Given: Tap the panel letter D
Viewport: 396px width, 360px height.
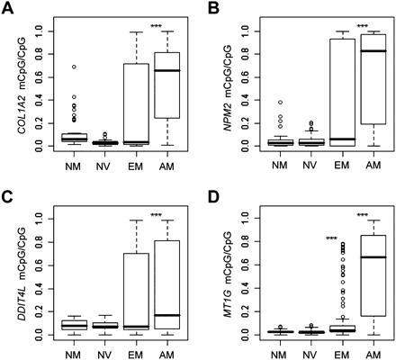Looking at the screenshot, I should [x=210, y=192].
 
